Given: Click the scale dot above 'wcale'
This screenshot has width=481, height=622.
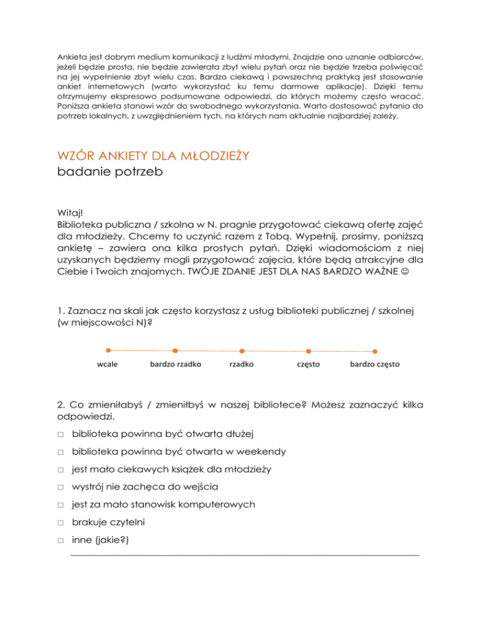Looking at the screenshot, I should point(109,350).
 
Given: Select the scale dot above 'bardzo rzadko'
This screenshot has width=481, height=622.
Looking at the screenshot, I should point(175,350).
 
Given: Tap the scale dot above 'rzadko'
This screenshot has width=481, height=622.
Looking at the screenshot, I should point(242,350).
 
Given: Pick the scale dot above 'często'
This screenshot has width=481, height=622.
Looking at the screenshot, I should point(308,350).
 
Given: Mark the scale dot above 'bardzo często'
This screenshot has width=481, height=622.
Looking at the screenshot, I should point(375,350).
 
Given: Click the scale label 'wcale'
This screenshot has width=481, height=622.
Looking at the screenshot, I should point(108,364).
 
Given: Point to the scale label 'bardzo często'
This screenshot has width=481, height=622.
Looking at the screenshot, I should point(375,364).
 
